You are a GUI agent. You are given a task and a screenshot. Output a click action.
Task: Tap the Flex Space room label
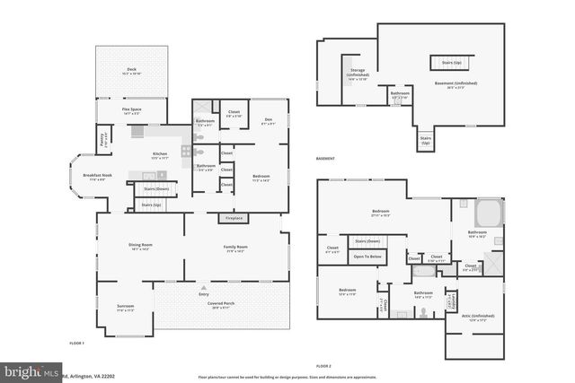[131, 111]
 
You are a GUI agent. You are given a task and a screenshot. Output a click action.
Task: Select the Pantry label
[105, 140]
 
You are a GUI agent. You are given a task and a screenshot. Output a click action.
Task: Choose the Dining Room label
[139, 246]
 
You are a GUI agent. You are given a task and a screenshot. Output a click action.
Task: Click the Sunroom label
[125, 308]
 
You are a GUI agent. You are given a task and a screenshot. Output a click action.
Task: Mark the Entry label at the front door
[204, 293]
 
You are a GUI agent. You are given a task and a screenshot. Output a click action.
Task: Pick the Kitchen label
[159, 155]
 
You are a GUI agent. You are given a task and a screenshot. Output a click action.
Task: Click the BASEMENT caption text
[325, 159]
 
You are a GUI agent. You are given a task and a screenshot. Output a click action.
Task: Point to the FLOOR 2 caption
[323, 366]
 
